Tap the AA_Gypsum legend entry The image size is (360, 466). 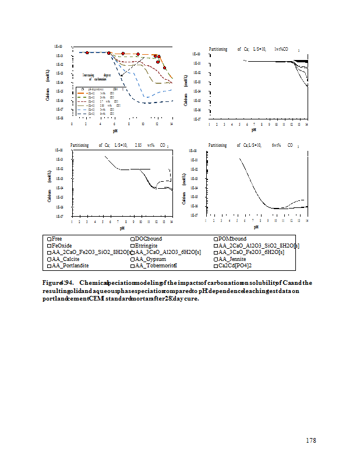(153, 259)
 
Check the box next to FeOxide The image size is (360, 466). (49, 245)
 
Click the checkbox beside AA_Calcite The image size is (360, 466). (49, 259)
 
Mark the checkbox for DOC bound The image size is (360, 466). (132, 239)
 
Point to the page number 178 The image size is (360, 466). (311, 440)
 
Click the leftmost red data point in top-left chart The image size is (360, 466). (87, 53)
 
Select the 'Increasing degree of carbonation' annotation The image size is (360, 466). (97, 77)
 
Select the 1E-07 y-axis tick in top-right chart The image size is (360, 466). (197, 119)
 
